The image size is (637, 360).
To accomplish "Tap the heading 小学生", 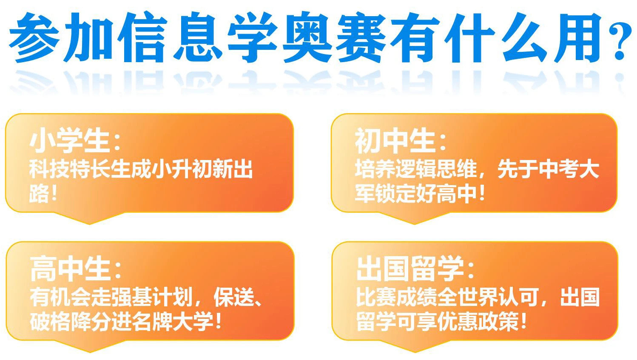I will [x=70, y=141].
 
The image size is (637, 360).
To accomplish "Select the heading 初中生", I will [x=395, y=141].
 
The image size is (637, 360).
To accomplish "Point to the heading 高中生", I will [x=71, y=269].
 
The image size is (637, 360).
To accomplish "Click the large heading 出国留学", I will [x=410, y=269].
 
